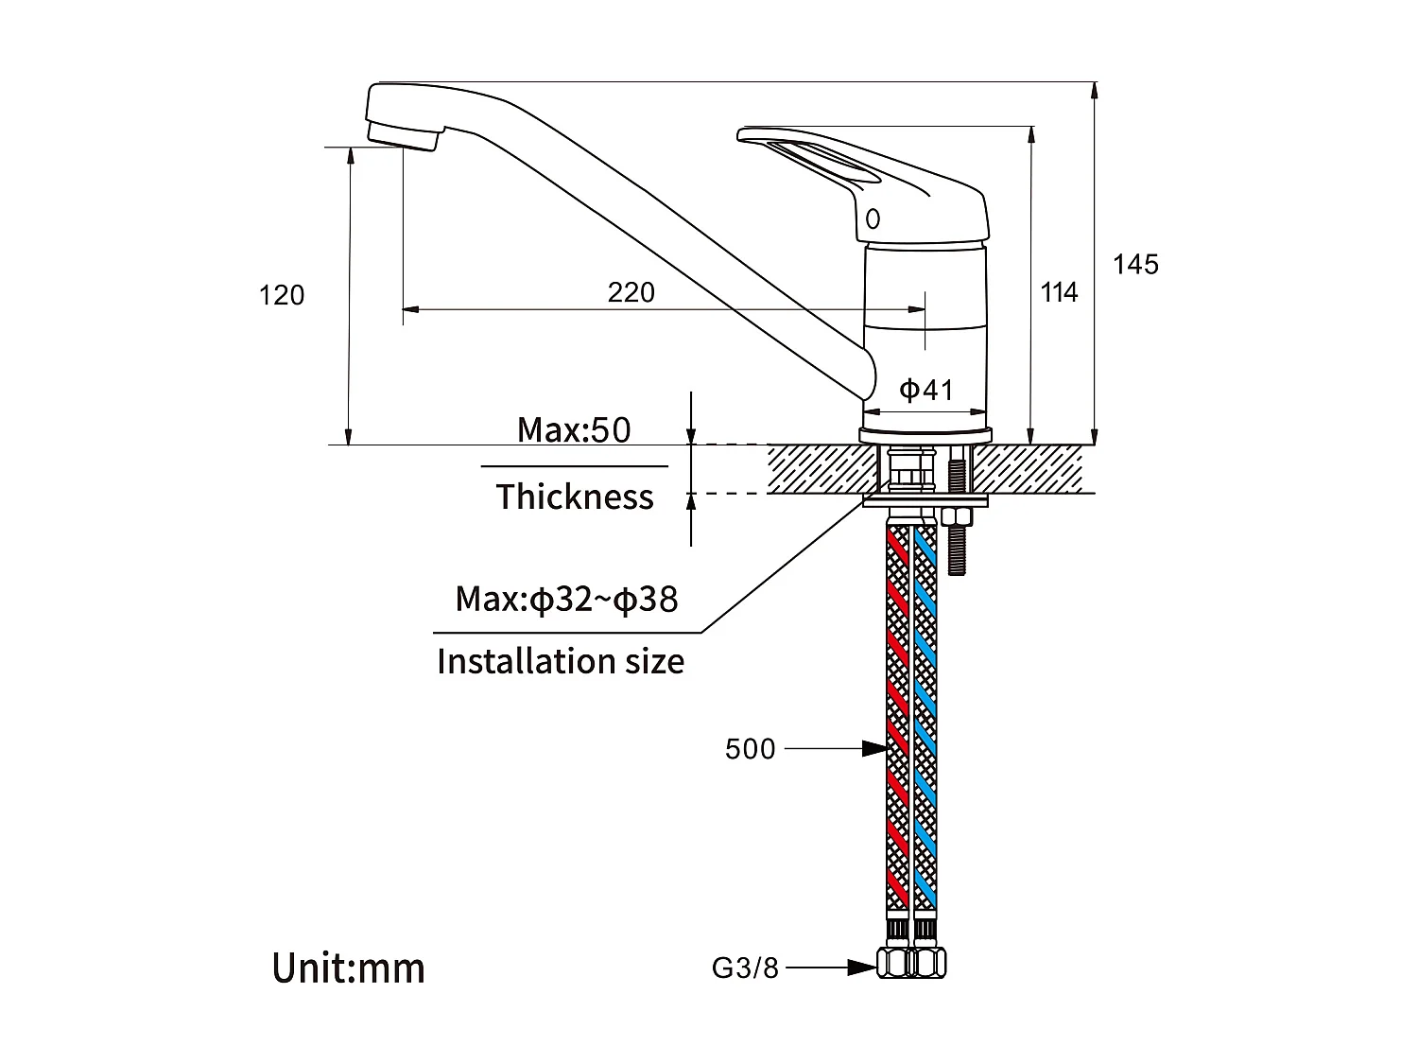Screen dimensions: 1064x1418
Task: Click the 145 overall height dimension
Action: (x=1134, y=265)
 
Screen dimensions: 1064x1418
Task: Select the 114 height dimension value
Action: (x=1059, y=293)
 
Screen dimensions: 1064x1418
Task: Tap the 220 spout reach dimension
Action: (x=631, y=292)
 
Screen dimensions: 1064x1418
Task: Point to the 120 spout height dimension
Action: (x=282, y=296)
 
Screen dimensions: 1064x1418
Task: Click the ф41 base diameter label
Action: (x=925, y=390)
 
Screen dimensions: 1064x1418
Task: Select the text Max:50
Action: (x=573, y=430)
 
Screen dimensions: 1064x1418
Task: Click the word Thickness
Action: (x=575, y=497)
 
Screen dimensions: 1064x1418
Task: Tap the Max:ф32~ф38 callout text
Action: (x=566, y=600)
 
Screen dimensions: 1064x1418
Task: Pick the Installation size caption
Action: (x=561, y=661)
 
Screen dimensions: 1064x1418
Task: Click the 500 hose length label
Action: (x=750, y=749)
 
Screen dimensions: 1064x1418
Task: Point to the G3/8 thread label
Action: (x=745, y=968)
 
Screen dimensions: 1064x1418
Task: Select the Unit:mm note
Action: (x=349, y=968)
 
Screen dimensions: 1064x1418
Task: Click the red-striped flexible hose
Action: (x=897, y=719)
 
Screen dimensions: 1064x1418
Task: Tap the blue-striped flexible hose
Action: (x=924, y=719)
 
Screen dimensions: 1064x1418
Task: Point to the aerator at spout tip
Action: (x=402, y=133)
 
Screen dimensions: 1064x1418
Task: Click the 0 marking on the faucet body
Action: (x=873, y=219)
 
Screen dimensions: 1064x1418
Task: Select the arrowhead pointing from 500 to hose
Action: (x=873, y=749)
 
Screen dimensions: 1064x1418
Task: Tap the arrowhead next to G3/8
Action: (x=861, y=968)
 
